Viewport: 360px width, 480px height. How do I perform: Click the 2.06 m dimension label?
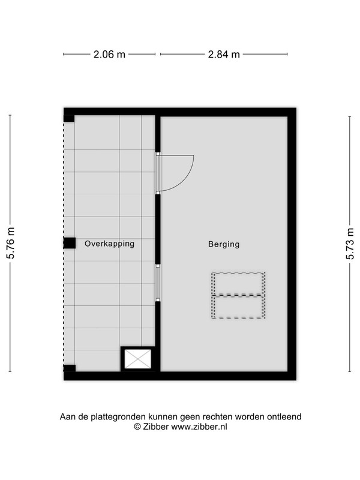coord(109,55)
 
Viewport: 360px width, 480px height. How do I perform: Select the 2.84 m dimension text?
coord(224,55)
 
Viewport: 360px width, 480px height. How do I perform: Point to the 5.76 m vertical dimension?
coord(11,244)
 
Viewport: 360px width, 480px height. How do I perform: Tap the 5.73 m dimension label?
coord(350,244)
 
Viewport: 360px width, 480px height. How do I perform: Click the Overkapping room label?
coord(110,244)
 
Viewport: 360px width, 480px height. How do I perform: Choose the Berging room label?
coord(224,244)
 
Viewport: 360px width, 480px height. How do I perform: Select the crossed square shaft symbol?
coord(138,359)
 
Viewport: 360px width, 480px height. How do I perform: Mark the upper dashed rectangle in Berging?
coord(238,283)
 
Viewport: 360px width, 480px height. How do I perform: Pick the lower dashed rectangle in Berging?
coord(238,307)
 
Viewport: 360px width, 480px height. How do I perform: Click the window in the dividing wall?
coord(158,283)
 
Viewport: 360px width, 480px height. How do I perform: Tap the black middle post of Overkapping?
coord(70,244)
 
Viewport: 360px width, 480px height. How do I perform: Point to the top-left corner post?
coord(69,118)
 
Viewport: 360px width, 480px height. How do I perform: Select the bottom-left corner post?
coord(70,368)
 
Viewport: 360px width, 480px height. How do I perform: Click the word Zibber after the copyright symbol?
coord(155,427)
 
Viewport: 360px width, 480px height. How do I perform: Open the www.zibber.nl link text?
coord(199,427)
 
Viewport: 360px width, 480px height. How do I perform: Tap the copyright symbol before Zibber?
coord(137,427)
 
